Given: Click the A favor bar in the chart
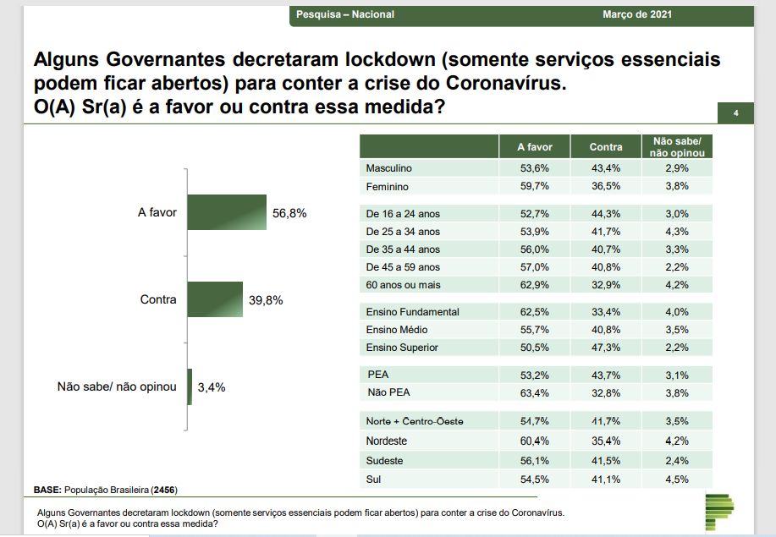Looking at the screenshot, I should click(226, 212).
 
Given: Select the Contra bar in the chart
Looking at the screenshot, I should click(214, 299).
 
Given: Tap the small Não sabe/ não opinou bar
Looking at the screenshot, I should click(190, 386).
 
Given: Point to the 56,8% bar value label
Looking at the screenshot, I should click(289, 213).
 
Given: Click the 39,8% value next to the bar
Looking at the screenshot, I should click(266, 300).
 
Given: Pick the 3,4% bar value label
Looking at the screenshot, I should click(212, 387).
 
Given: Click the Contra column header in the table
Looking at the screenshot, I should click(606, 147).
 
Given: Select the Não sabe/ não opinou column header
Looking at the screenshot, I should click(676, 147).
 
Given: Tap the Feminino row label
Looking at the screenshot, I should click(387, 186).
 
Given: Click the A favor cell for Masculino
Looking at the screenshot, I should click(535, 168).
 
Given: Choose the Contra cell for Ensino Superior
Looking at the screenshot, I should click(606, 348).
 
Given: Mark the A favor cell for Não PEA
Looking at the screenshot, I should click(535, 392).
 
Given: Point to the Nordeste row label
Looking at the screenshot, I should click(386, 441).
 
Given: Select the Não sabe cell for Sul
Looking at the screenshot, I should click(676, 479).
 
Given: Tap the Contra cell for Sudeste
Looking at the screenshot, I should click(606, 461).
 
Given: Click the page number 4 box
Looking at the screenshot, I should click(735, 113).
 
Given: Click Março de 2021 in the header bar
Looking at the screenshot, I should click(637, 14).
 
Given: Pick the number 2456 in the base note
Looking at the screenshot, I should click(163, 490).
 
